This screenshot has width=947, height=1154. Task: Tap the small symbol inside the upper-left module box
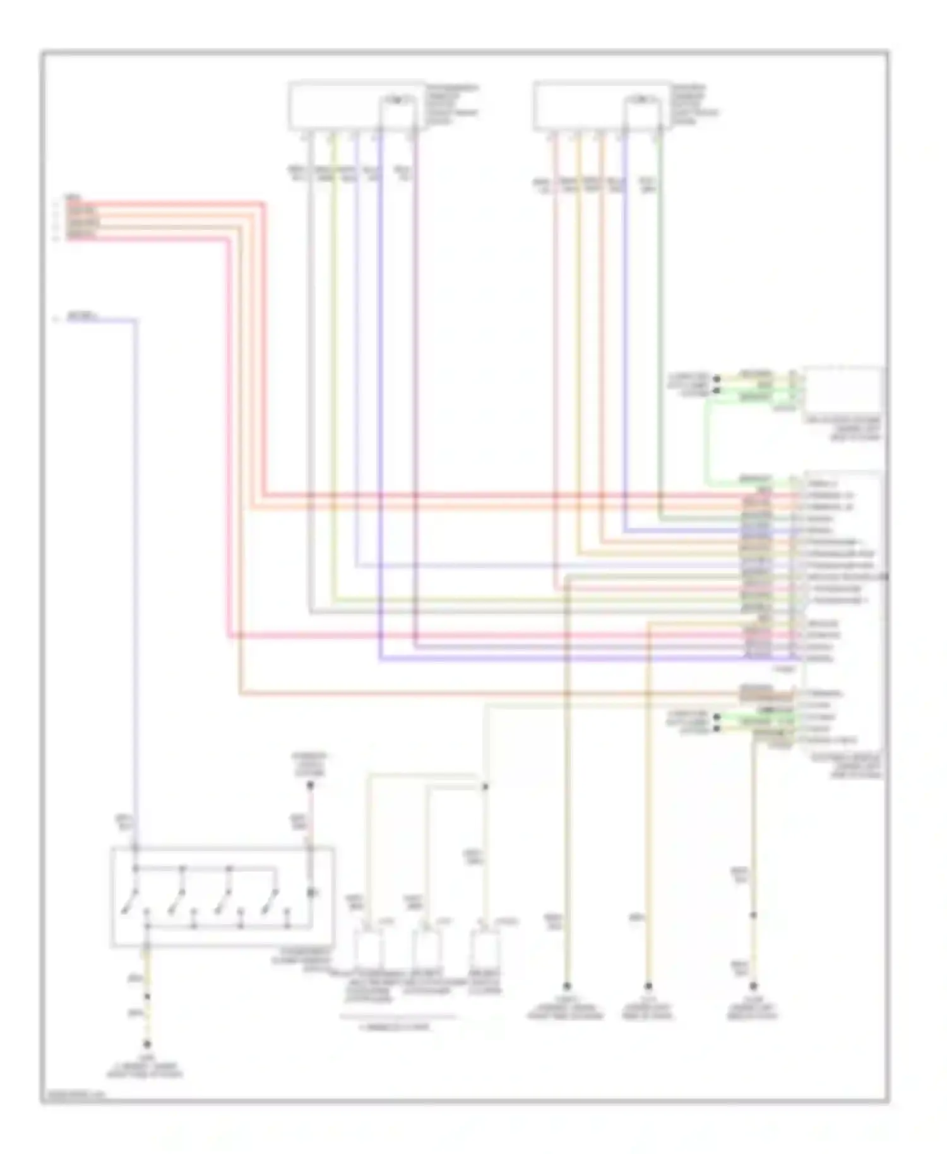coord(396,100)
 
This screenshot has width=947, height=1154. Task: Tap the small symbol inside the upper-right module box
coord(641,100)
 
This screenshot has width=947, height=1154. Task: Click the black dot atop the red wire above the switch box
coord(310,786)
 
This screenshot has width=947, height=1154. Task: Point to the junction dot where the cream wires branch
coord(485,787)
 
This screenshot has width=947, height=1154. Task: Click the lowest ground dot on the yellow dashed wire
coord(147,1044)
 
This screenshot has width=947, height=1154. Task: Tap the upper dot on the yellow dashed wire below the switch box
coord(147,997)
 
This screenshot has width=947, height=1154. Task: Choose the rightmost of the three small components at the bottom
coord(485,948)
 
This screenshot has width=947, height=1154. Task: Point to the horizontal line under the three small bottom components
coord(398,1017)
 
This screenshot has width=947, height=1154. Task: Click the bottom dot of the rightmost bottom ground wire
coord(753,985)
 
